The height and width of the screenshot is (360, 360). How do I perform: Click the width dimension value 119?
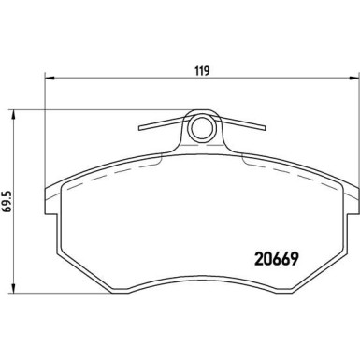pos(201,71)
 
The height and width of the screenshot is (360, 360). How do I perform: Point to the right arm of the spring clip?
pos(240,126)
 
